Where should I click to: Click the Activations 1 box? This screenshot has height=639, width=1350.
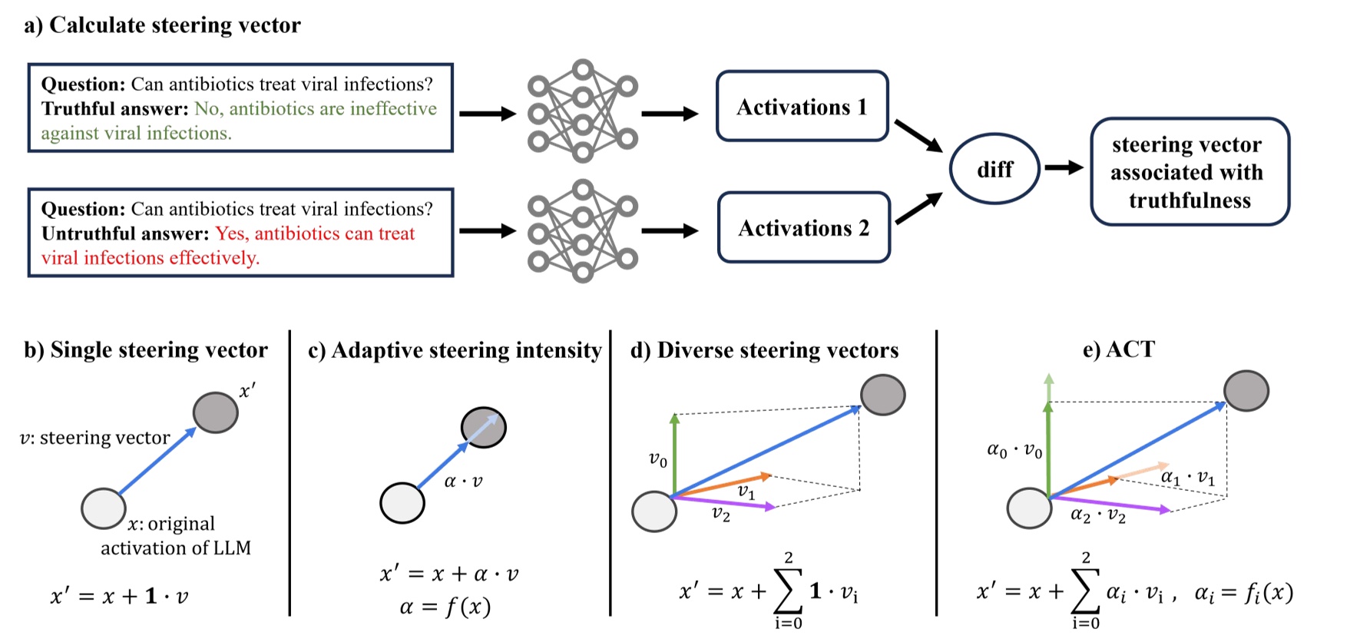point(802,107)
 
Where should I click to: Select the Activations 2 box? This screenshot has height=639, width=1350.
point(803,228)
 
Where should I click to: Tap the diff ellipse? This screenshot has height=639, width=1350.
point(994,169)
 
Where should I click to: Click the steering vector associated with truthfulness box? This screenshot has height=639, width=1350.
point(1189,172)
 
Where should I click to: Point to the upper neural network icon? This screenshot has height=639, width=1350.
point(583,111)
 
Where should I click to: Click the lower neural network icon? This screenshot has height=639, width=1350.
point(583,230)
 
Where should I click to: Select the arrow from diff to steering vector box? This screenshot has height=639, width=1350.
point(1064,167)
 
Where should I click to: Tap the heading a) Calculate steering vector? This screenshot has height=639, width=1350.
point(162,25)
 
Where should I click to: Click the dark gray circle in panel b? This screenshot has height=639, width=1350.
point(215,412)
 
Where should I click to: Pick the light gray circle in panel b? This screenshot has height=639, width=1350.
point(104,508)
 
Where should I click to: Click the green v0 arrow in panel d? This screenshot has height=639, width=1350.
point(674,453)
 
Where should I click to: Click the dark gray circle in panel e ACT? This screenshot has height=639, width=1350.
point(1246,391)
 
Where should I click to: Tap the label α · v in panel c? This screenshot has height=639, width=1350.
point(463,482)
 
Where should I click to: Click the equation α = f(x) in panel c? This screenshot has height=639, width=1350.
point(445,607)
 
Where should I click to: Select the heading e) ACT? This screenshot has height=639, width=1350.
point(1118,350)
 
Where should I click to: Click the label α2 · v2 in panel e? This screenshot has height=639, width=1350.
point(1098,515)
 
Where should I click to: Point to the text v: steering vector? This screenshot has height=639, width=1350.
point(94,438)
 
